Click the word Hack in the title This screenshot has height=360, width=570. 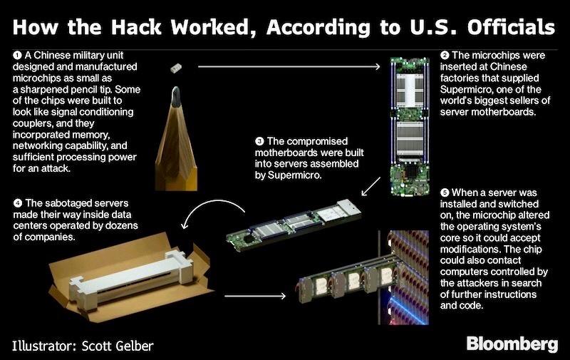pos(136,27)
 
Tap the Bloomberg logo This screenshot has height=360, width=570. pos(512,344)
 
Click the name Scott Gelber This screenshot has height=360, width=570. pos(118,346)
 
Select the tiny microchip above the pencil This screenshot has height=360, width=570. pos(176,68)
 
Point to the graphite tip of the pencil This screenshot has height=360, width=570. pos(176,96)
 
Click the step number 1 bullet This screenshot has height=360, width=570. pos(17,56)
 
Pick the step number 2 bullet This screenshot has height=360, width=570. pos(444,56)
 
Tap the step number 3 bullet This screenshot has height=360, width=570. pos(259,141)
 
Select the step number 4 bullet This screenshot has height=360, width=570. pos(17,203)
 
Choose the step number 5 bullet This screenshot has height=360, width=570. pos(444,192)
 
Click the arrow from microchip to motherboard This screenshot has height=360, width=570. pos(289,66)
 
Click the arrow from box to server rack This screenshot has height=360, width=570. pos(255,296)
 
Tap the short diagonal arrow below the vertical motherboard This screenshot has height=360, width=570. pos(370,187)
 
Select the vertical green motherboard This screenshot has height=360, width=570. pos(409,126)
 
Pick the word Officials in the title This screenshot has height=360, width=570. pos(511,27)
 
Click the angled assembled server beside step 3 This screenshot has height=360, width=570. pos(294,225)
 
